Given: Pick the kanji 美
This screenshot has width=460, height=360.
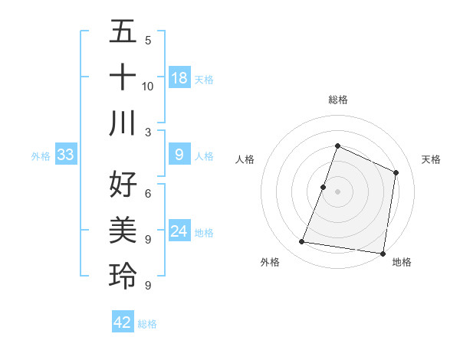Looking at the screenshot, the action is point(123,230).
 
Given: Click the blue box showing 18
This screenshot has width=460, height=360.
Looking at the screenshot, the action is point(179,78).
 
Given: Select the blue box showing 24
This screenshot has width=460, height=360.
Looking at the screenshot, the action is point(179,232).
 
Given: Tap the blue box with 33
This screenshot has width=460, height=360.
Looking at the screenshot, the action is point(65,155).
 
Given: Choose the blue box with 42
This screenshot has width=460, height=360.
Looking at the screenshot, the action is point(123,322).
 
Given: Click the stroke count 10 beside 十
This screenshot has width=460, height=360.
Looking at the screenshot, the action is point(148,86).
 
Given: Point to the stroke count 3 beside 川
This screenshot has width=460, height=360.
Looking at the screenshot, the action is point(148,131).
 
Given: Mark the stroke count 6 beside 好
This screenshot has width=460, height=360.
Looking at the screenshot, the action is point(148,194).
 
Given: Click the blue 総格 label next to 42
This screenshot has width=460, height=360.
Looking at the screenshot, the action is point(147,324).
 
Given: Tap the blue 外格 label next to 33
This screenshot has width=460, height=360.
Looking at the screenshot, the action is point(41,156).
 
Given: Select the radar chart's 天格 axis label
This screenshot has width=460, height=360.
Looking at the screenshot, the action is point(431,159).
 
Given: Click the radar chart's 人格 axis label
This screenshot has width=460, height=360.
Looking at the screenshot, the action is point(245,159).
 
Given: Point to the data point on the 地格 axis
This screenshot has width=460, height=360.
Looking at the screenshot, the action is point(383,253).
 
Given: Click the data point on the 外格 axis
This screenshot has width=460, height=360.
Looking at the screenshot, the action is point(302,242).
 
